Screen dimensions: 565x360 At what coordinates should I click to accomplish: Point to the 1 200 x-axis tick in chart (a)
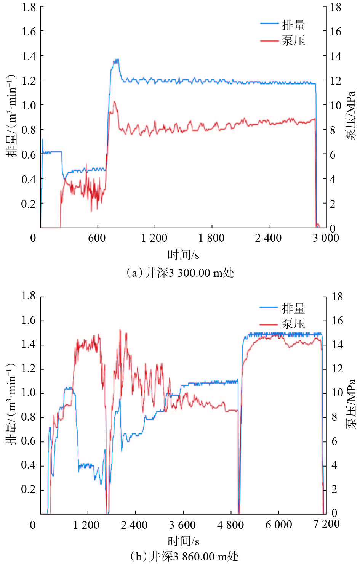pos(154,238)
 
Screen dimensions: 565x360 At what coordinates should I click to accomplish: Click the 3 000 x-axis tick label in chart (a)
pos(326,238)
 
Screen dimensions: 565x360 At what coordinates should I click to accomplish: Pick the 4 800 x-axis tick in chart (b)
pos(230,525)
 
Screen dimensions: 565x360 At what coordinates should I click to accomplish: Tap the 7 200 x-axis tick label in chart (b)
pos(326,524)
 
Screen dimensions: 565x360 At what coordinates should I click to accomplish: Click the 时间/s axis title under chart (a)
pos(183,254)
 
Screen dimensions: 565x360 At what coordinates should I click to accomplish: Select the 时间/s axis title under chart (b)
pos(183,541)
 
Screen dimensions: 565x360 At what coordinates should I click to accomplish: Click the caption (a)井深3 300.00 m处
pos(180,273)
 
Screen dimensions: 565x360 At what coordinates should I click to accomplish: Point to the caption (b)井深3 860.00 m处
pos(184,556)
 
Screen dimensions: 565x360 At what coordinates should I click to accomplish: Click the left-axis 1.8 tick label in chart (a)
pos(29,7)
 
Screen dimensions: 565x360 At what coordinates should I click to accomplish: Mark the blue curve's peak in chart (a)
pos(116,59)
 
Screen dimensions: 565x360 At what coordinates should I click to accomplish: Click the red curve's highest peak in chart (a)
pos(114,101)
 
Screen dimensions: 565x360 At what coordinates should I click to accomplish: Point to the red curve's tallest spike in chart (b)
pos(120,330)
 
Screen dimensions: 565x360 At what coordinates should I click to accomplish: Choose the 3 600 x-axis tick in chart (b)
pos(182,525)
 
